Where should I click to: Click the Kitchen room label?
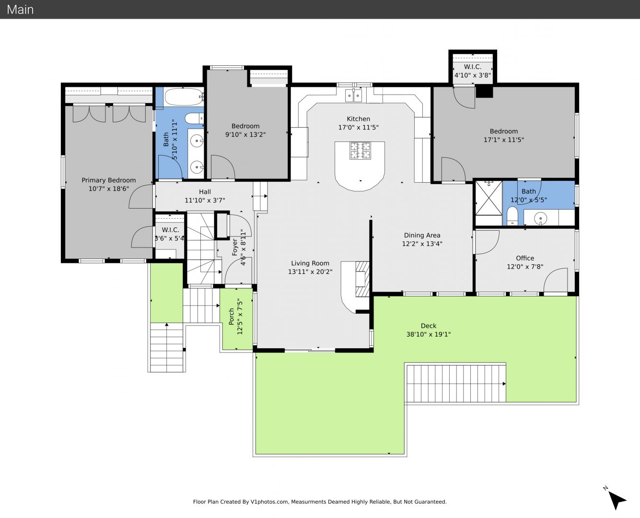(x=358, y=119)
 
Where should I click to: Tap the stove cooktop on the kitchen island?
(x=360, y=151)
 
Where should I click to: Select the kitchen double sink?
(x=353, y=95)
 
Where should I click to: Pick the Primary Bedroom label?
(x=109, y=180)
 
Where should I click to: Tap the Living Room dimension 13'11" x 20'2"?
(x=310, y=272)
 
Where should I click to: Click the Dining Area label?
(x=422, y=235)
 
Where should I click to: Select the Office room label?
(x=525, y=258)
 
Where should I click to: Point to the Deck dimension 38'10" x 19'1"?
(x=429, y=334)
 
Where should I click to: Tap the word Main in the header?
(x=20, y=10)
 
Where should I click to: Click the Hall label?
(x=205, y=192)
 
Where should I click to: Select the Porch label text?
(x=232, y=317)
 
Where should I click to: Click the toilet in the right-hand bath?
(x=512, y=216)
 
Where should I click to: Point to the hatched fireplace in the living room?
(x=362, y=280)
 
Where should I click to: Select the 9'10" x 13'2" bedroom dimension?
(x=245, y=134)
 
